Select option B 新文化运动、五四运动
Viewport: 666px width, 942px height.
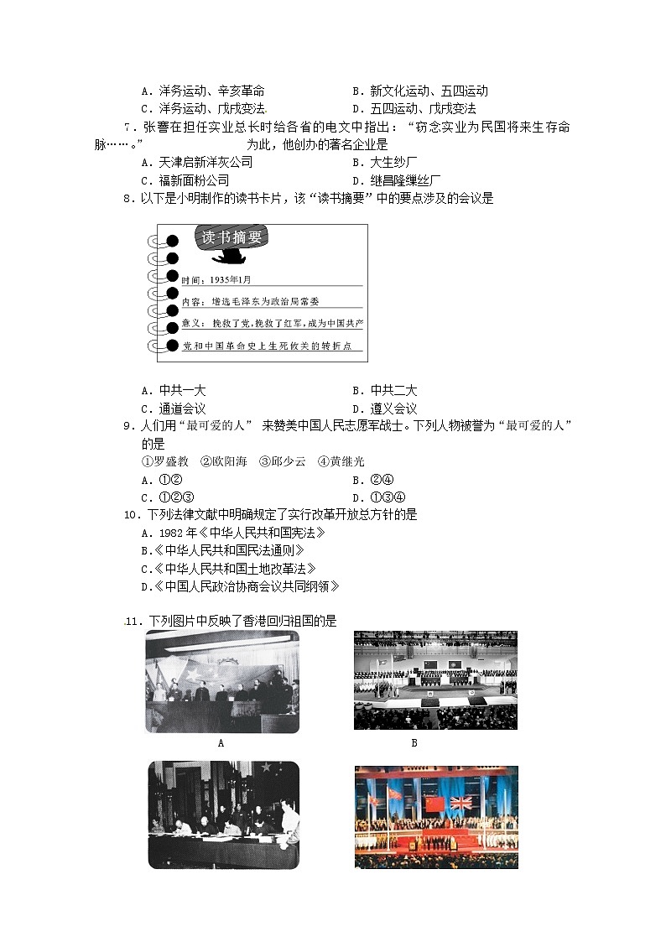pyautogui.click(x=419, y=91)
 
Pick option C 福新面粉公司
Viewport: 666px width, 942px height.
pyautogui.click(x=185, y=180)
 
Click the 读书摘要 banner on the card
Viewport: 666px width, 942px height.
pyautogui.click(x=232, y=237)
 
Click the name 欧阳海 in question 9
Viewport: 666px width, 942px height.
pyautogui.click(x=223, y=461)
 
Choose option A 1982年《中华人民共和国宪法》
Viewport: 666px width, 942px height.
pyautogui.click(x=232, y=533)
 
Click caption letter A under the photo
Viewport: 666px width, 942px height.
pyautogui.click(x=221, y=742)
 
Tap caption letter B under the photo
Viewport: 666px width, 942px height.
pyautogui.click(x=414, y=742)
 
